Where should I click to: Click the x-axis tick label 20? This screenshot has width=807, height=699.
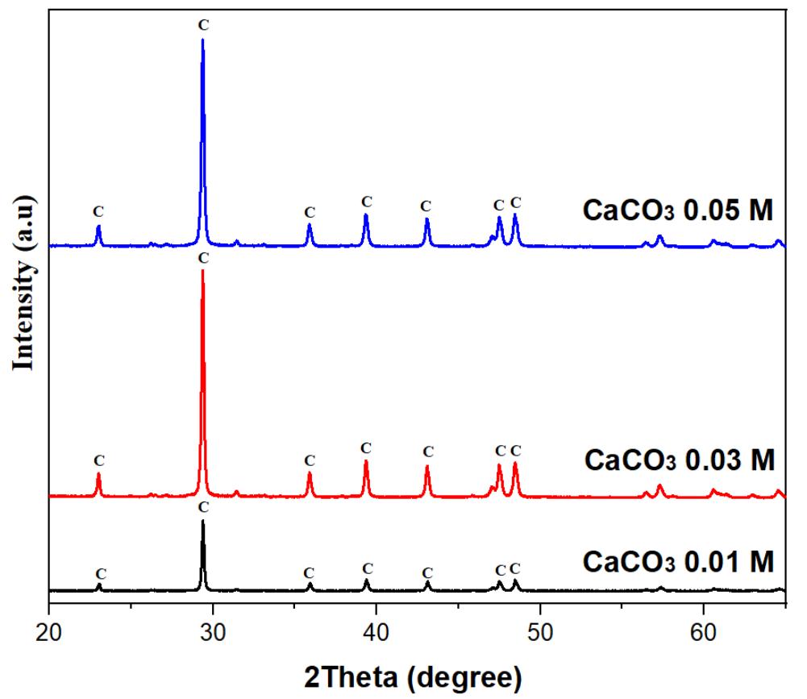click(49, 630)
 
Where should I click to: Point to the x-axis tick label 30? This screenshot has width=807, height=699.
click(213, 630)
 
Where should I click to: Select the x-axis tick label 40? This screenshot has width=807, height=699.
click(376, 630)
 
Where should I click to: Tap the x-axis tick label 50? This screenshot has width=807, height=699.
click(539, 630)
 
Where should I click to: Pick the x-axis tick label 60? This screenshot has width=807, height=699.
click(703, 630)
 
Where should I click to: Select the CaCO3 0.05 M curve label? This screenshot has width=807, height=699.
click(678, 211)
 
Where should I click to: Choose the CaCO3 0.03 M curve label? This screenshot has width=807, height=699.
click(678, 461)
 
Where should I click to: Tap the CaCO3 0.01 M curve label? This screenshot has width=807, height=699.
click(678, 560)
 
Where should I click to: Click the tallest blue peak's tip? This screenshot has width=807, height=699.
click(202, 40)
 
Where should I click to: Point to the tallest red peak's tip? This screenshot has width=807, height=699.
click(202, 271)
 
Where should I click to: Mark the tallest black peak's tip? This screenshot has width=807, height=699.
click(202, 522)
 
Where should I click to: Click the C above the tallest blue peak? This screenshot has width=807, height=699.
click(202, 25)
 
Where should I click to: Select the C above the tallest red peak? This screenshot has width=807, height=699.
click(202, 257)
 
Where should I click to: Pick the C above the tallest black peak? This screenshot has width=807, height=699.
click(202, 507)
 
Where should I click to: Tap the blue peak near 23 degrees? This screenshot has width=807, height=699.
click(98, 227)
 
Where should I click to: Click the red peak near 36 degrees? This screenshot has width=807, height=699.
click(310, 473)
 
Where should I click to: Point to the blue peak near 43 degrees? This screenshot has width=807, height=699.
click(426, 220)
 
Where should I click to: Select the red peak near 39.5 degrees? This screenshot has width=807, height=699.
click(366, 461)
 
